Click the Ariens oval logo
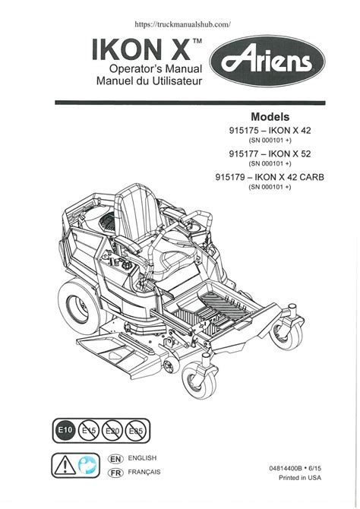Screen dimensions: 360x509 point(267,61)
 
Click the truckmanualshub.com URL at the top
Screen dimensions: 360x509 point(183,24)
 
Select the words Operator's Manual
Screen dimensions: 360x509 point(156,69)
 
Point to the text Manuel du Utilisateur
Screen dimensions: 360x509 point(150,81)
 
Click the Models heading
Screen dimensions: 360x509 point(270,116)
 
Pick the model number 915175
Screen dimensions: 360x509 point(244,131)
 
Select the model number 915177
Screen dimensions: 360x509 point(244,153)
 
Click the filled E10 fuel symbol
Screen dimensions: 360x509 point(65,430)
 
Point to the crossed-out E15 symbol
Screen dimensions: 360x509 point(89,431)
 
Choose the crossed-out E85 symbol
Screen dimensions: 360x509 point(136,431)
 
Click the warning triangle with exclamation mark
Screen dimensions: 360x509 point(65,465)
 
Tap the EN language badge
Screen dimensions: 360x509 point(115,459)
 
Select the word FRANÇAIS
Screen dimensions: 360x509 point(144,472)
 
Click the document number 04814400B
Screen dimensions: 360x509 point(286,468)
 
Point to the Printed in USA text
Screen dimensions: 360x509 point(300,478)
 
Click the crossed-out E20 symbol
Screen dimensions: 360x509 point(112,431)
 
